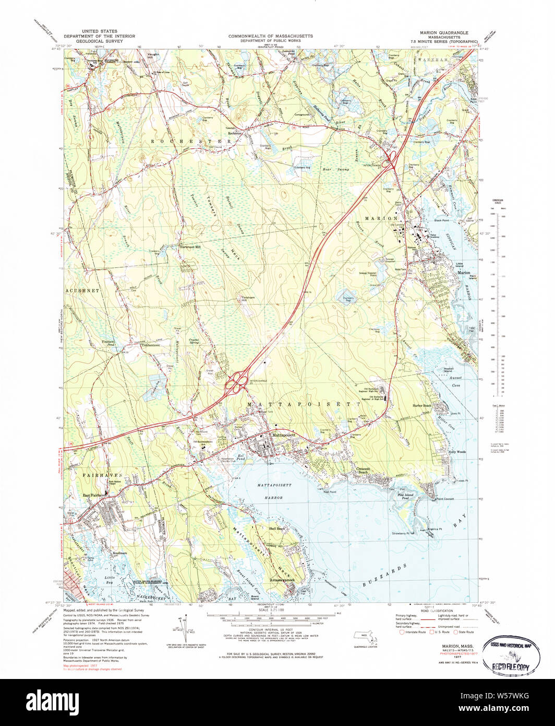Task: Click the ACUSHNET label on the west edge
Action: click(78, 289)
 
